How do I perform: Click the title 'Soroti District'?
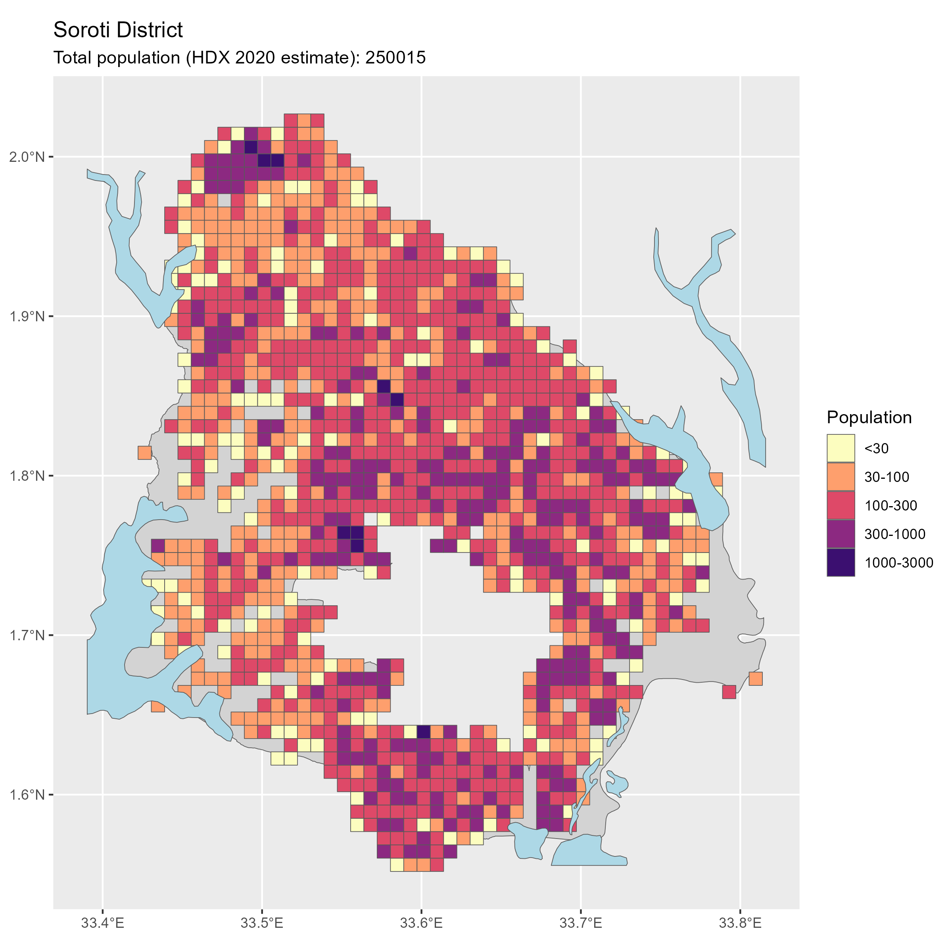tap(118, 30)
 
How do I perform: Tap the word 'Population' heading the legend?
tap(869, 417)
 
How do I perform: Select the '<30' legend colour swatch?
tap(841, 448)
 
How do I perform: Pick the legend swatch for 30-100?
tap(841, 476)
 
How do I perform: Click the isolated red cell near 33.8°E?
tap(729, 692)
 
